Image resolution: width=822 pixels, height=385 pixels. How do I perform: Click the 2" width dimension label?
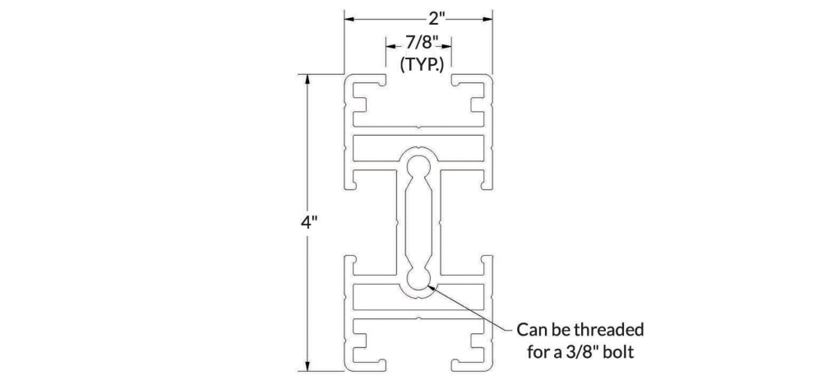437,19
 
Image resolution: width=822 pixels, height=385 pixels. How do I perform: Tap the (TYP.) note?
422,64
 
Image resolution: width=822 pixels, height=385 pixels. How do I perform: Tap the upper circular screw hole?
418,165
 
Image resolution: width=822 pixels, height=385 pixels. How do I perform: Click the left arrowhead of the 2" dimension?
349,20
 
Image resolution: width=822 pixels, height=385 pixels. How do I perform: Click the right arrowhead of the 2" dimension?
487,20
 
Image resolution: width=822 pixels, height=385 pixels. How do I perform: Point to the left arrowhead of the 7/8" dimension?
391,46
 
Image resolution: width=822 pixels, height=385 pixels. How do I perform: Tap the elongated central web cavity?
418,222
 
